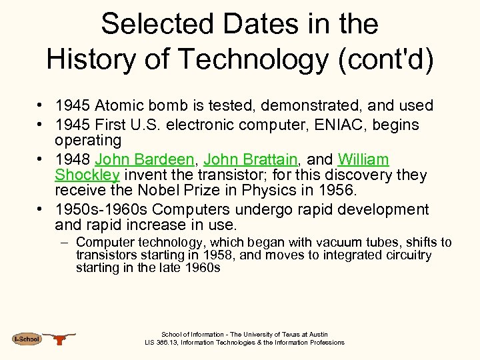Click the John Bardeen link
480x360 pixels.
coord(145,159)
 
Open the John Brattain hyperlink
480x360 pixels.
coord(250,159)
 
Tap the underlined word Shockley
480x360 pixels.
coord(87,175)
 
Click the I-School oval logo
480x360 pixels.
coord(27,339)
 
